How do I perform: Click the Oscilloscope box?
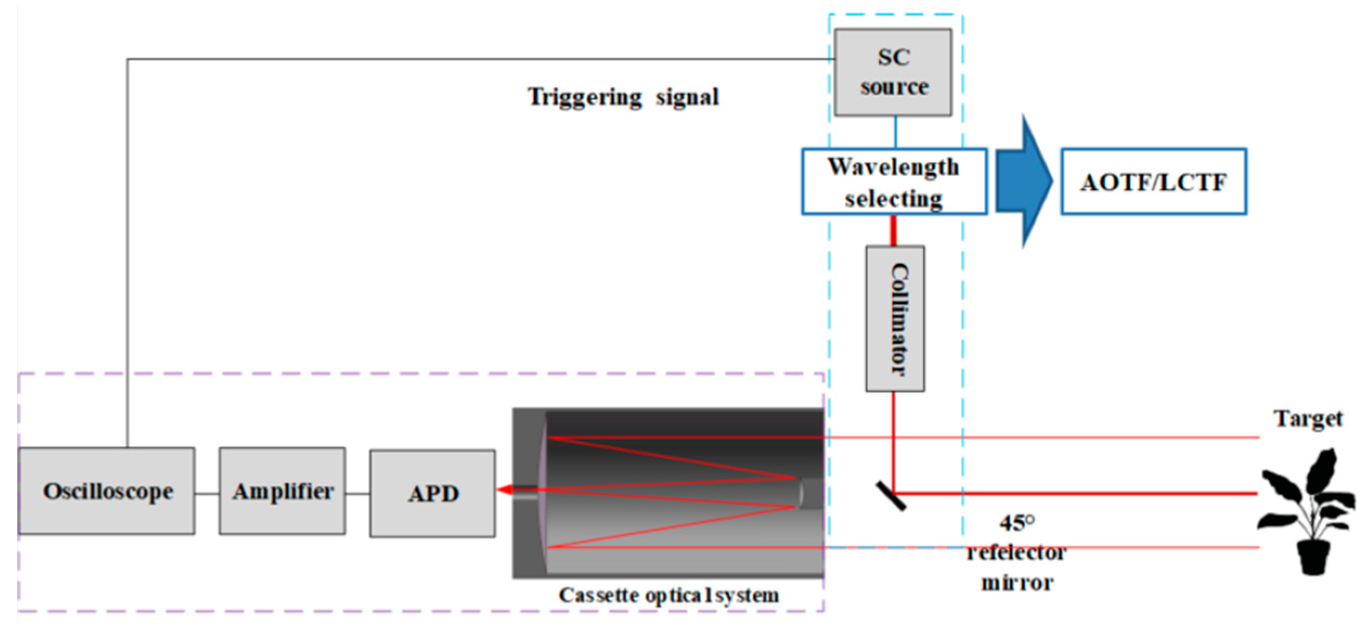107,491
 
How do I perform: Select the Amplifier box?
282,491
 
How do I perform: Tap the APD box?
432,493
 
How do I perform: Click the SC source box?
893,72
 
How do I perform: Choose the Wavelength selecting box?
894,182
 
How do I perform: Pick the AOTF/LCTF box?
1153,182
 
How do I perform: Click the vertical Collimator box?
895,319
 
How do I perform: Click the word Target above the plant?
1308,419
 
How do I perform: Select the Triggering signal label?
623,98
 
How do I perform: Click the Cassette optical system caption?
669,595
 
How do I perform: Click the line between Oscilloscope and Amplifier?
207,494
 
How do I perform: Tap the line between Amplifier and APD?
358,494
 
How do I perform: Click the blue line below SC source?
895,132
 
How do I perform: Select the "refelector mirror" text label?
1017,567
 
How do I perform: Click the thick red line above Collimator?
893,230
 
